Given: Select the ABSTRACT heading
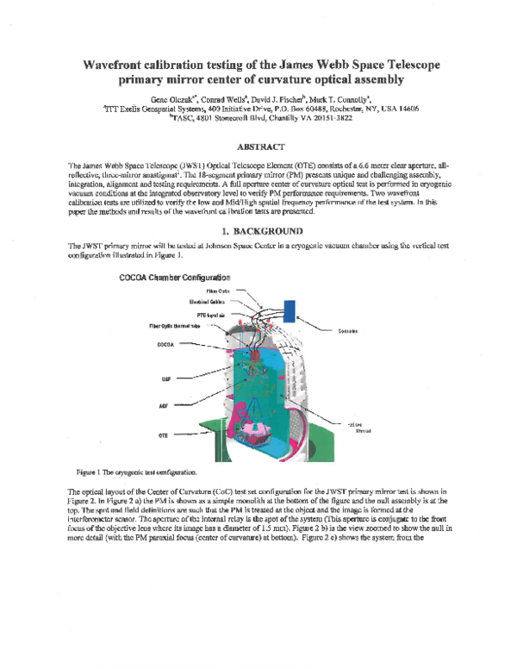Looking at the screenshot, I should [x=260, y=147].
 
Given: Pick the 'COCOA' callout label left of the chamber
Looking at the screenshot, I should [x=167, y=343].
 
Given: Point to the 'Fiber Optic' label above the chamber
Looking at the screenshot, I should [x=218, y=292].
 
